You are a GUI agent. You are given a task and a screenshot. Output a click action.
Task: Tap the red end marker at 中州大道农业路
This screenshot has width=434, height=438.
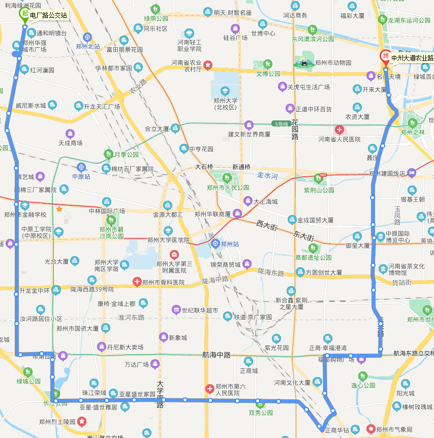tap(386, 55)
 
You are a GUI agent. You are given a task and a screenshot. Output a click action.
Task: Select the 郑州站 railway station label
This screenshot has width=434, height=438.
tap(230, 244)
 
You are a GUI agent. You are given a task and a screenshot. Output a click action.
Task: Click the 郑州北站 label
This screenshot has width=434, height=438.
tap(87, 46)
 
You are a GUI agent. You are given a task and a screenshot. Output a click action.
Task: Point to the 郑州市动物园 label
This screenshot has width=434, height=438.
tap(333, 63)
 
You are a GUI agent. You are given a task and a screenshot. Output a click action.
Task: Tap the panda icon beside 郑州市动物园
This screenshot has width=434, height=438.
tap(303, 62)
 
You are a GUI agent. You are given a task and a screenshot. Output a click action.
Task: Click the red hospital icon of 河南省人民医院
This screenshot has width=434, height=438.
tap(339, 130)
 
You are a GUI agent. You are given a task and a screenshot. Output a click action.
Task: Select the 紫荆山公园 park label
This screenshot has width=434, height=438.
tap(319, 190)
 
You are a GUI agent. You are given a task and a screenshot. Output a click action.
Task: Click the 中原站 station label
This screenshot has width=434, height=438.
tap(81, 177)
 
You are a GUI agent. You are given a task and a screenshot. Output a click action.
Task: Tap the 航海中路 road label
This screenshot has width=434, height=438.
tap(216, 355)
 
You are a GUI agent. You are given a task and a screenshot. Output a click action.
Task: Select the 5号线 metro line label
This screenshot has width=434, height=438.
tap(280, 123)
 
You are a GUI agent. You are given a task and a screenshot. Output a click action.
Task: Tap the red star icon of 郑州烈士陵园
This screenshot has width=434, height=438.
tap(82, 421)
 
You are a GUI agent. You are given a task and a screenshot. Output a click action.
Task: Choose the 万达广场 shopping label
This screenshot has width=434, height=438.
tap(137, 364)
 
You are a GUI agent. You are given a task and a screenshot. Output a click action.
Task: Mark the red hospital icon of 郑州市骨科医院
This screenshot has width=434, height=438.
tap(137, 281)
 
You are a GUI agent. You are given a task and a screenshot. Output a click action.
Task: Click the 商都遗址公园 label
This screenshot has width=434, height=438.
tap(314, 258)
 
